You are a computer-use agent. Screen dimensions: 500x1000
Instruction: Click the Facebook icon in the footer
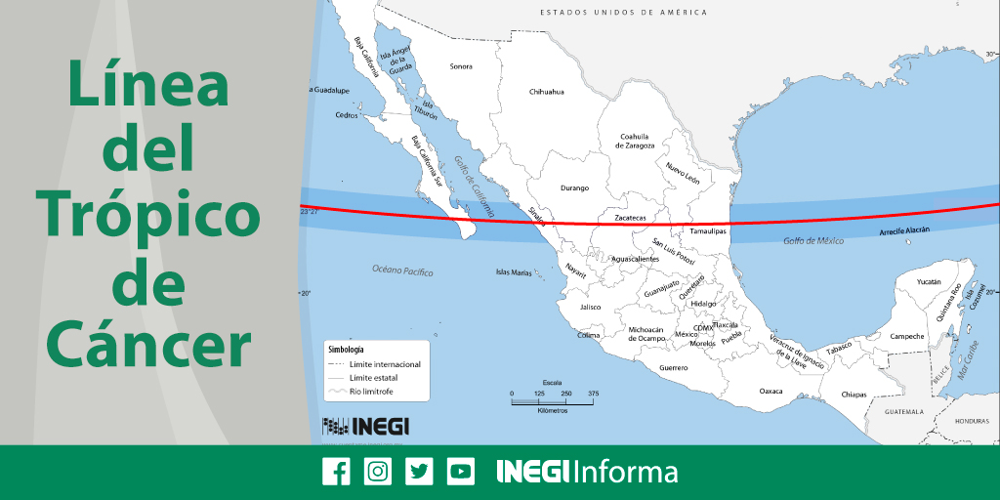click(x=336, y=472)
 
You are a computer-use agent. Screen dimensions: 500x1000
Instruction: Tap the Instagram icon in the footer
click(x=378, y=472)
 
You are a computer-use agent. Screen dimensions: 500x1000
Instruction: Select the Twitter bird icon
click(x=420, y=472)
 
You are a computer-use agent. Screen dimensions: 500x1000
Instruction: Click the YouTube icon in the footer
click(x=461, y=472)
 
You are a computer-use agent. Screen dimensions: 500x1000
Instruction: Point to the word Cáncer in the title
click(x=148, y=347)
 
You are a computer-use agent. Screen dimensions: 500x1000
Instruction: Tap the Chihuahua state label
click(x=547, y=92)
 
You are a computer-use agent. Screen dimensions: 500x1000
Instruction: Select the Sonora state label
click(x=461, y=66)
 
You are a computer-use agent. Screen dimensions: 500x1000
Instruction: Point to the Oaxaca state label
click(x=771, y=391)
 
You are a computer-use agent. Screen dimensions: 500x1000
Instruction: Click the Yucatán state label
click(x=929, y=281)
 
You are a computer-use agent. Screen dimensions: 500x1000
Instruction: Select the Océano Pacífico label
click(x=402, y=271)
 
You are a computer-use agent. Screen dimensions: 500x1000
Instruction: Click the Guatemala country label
click(x=903, y=412)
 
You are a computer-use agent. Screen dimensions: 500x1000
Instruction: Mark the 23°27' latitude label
click(x=311, y=209)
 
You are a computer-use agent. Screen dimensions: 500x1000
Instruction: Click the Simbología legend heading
click(x=346, y=349)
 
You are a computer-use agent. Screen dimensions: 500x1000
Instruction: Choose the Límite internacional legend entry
click(x=388, y=364)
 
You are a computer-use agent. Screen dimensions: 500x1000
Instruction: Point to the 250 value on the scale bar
click(x=566, y=393)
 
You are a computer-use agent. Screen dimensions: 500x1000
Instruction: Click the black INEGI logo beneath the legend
click(x=365, y=426)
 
